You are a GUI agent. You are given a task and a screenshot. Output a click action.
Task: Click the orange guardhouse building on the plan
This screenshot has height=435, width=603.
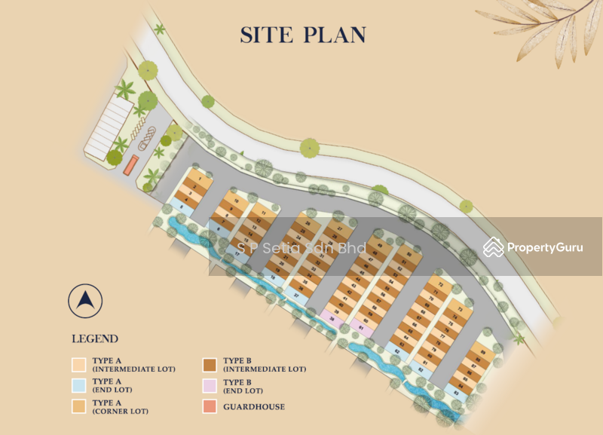click(131, 164)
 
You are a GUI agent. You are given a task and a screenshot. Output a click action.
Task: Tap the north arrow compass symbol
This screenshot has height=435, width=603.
click(85, 301)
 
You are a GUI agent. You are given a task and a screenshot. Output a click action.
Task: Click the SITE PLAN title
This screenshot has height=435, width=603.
click(303, 35)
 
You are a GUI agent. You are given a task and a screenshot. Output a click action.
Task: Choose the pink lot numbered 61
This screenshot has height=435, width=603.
click(361, 326)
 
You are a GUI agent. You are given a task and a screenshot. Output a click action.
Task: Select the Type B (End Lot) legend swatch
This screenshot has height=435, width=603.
click(209, 386)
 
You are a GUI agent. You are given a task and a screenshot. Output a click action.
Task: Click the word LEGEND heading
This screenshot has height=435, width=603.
click(94, 339)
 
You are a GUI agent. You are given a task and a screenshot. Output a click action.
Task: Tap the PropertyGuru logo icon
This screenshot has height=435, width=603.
click(494, 247)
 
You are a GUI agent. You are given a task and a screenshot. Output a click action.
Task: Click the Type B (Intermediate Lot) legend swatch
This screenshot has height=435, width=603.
click(209, 365)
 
